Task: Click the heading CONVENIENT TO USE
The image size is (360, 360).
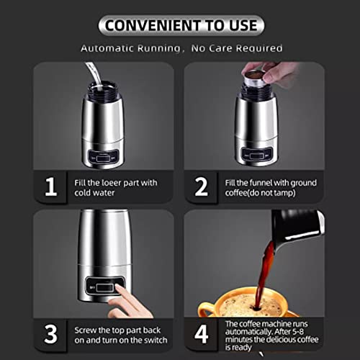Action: (181, 26)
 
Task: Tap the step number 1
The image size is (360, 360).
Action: (51, 187)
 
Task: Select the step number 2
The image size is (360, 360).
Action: (202, 187)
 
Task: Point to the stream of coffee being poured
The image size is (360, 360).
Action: (269, 266)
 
